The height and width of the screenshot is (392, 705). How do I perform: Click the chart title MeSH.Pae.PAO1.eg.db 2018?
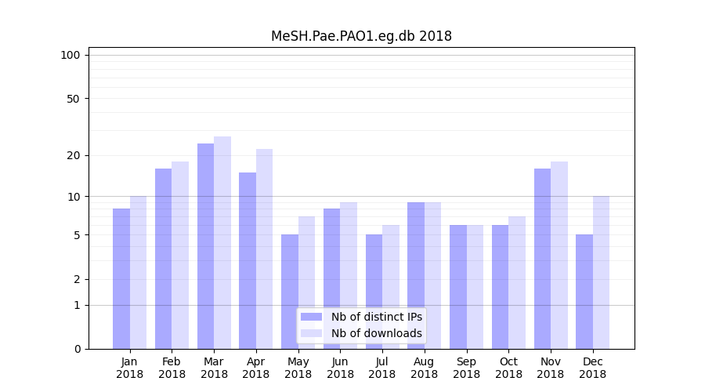pyautogui.click(x=361, y=36)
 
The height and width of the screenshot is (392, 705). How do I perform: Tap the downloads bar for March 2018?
pyautogui.click(x=222, y=243)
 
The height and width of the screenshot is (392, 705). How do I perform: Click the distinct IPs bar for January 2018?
pyautogui.click(x=121, y=278)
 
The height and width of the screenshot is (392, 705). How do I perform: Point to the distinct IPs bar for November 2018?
pyautogui.click(x=542, y=259)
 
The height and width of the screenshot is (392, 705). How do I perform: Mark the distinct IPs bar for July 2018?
pyautogui.click(x=374, y=292)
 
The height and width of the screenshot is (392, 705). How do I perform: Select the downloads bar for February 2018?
pyautogui.click(x=180, y=255)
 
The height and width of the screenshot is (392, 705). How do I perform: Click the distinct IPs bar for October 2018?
pyautogui.click(x=500, y=287)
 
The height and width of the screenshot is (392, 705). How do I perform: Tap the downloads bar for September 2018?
pyautogui.click(x=475, y=287)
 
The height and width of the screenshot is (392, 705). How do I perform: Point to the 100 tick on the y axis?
pyautogui.click(x=70, y=55)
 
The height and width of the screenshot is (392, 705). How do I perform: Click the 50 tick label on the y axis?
pyautogui.click(x=74, y=99)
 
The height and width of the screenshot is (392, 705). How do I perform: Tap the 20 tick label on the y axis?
pyautogui.click(x=74, y=155)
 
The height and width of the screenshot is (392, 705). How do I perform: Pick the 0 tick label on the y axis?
pyautogui.click(x=77, y=349)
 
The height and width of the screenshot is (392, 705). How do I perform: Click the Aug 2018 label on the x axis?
pyautogui.click(x=424, y=368)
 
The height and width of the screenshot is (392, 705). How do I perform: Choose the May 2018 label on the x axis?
pyautogui.click(x=298, y=368)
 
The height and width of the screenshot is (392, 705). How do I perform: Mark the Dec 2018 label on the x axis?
pyautogui.click(x=592, y=368)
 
